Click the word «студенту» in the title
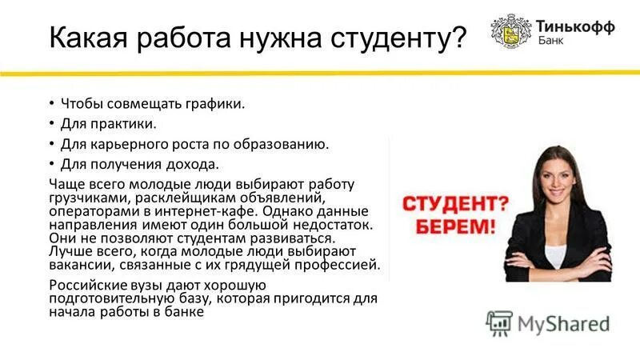point(394,38)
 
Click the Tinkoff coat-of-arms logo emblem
point(506,30)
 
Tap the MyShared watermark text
point(563,324)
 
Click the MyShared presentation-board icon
point(499,323)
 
